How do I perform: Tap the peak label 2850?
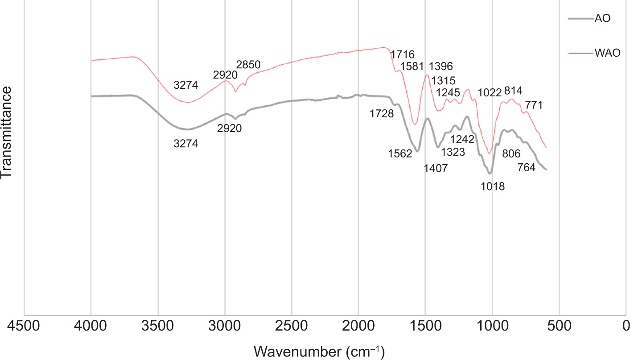pos(248,65)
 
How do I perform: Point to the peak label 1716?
pos(403,54)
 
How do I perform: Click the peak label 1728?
pos(381,114)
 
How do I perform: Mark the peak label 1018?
pos(493,186)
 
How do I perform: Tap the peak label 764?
pos(526,168)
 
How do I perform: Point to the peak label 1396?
pos(441,66)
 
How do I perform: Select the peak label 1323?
pos(453,152)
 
